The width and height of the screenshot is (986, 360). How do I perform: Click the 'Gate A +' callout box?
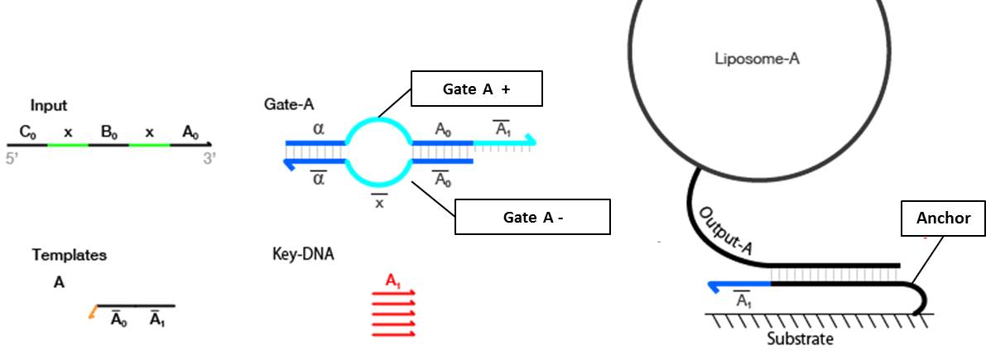click(x=476, y=89)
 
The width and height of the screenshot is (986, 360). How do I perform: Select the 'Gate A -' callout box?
click(x=531, y=217)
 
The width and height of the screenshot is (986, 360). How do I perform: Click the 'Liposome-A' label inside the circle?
click(x=758, y=59)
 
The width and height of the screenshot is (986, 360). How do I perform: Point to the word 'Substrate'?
click(x=800, y=339)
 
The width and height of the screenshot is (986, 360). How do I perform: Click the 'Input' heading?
click(x=49, y=106)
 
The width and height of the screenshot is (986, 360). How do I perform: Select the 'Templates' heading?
click(x=70, y=255)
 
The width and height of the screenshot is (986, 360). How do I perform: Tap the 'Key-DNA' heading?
click(x=303, y=253)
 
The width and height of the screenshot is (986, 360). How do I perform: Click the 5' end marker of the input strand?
click(x=12, y=158)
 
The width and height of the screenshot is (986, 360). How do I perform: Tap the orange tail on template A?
click(x=92, y=312)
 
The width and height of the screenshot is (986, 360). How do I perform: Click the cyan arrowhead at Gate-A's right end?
click(x=531, y=142)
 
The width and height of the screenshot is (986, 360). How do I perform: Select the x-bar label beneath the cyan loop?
click(x=379, y=201)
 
